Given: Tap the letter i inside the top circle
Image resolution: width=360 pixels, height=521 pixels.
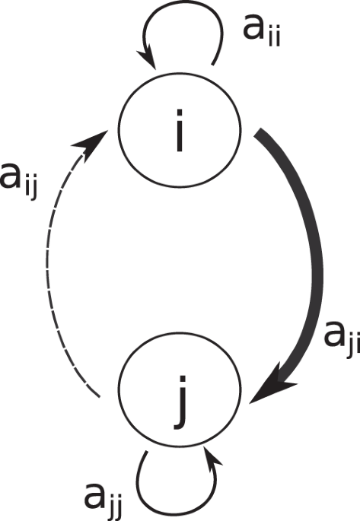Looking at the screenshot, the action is tap(180, 130).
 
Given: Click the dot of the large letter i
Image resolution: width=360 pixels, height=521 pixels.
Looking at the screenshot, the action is tap(180, 113).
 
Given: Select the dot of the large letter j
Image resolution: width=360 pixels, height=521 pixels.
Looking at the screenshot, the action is tap(182, 380).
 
